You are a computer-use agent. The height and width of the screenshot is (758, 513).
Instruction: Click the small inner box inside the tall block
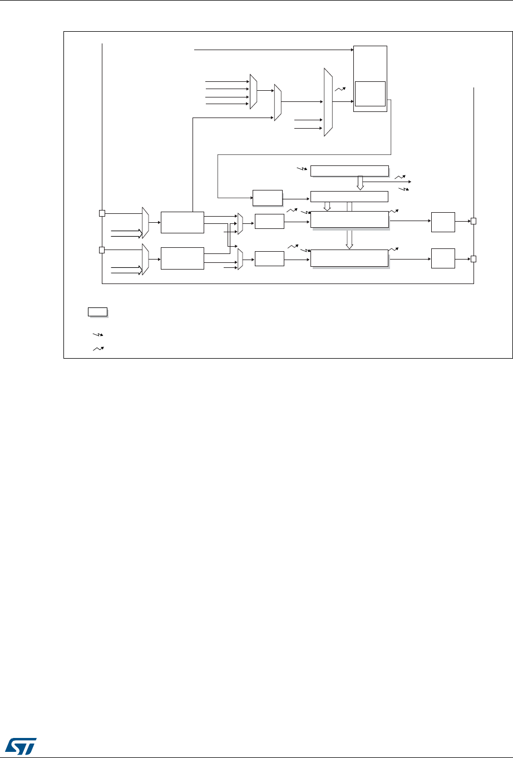point(370,93)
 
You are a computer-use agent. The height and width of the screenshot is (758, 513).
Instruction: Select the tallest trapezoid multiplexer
point(328,102)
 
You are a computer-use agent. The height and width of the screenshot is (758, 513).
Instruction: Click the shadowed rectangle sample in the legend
point(97,311)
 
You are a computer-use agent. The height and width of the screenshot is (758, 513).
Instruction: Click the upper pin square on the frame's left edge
point(102,213)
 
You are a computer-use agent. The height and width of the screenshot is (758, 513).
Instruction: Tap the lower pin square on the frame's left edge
point(102,250)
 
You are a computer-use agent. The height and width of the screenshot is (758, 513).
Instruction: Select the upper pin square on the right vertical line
point(473,221)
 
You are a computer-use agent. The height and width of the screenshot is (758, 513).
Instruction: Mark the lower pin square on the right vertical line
point(473,258)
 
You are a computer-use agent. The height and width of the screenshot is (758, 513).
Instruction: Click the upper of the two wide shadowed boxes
point(349,219)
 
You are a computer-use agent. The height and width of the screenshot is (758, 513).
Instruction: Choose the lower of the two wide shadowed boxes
point(349,258)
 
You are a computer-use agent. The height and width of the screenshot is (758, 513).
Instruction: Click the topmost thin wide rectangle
point(349,170)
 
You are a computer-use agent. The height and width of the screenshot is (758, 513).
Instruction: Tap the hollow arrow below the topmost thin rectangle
point(360,182)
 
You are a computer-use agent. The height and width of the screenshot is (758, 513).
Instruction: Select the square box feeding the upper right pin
point(443,222)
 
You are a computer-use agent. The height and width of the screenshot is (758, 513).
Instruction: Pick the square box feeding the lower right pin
point(443,258)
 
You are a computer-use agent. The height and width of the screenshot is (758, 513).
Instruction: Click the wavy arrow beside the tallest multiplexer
point(341,87)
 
